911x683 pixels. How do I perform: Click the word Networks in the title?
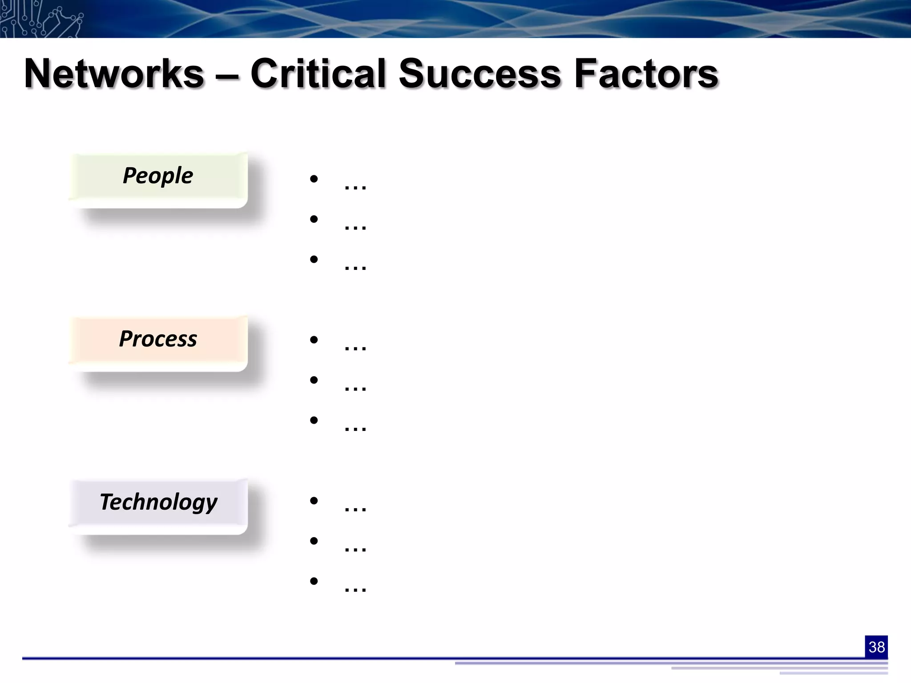(114, 74)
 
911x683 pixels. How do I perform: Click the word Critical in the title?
(318, 74)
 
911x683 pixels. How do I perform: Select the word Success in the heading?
(480, 74)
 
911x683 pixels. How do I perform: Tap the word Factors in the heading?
(646, 74)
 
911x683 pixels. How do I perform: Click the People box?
(158, 180)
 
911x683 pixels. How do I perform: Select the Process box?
(158, 343)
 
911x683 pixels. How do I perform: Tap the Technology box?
(158, 506)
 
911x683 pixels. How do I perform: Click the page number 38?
(876, 647)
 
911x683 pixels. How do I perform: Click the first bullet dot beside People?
(314, 179)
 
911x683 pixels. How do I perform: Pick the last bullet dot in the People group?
(314, 259)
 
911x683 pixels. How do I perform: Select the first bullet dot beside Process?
(314, 340)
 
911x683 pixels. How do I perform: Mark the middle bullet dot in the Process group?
(314, 380)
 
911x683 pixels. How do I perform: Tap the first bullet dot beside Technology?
(314, 501)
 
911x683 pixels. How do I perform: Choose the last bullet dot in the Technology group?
(314, 581)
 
